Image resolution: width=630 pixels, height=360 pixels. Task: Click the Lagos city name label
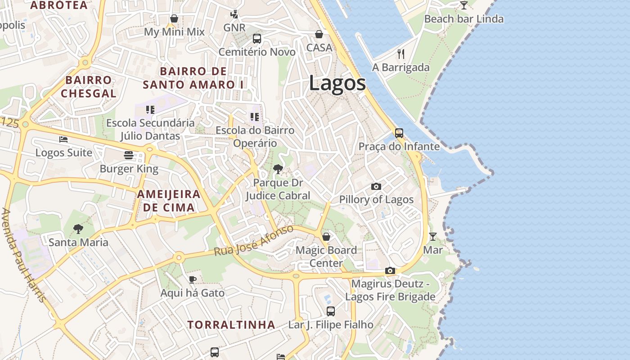tap(337, 83)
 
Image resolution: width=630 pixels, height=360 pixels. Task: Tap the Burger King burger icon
tap(129, 155)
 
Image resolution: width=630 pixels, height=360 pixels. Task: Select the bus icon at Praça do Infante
tap(399, 133)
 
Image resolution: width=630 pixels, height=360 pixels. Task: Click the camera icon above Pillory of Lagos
tap(376, 186)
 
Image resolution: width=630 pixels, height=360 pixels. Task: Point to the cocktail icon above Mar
tap(433, 236)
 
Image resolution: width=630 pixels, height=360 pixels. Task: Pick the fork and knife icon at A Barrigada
tap(401, 54)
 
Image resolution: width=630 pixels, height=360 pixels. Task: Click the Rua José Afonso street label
tap(254, 241)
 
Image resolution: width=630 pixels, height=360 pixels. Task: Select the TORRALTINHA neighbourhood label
tap(231, 324)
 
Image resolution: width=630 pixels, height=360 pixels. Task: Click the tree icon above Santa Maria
tap(78, 229)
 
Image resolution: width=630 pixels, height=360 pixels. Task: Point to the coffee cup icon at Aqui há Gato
tap(193, 279)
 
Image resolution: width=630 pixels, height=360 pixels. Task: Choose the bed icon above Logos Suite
tap(63, 139)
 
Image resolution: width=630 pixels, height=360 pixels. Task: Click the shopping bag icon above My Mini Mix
tap(174, 18)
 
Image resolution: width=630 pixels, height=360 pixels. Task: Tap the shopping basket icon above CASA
tap(319, 34)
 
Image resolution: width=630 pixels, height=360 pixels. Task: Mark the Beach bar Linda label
tap(463, 19)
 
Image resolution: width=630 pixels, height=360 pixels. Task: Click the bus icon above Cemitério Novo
tap(257, 39)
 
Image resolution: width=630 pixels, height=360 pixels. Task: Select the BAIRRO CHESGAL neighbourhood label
tap(88, 87)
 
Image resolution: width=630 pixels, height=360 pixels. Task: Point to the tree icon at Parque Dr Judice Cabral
tap(278, 169)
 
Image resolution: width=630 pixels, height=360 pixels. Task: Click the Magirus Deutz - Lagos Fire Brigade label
tap(390, 290)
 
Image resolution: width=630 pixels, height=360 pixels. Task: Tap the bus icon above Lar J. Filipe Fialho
tap(331, 311)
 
